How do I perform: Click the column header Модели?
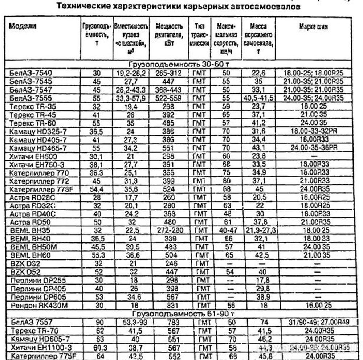[23, 26]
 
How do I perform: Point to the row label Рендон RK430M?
[39, 306]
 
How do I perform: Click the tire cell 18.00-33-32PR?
[314, 131]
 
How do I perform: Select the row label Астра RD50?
[25, 222]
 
